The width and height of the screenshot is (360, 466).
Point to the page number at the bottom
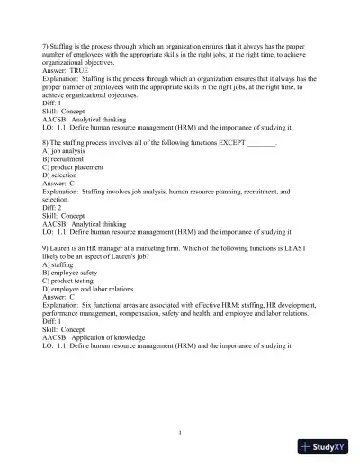pos(180,432)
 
